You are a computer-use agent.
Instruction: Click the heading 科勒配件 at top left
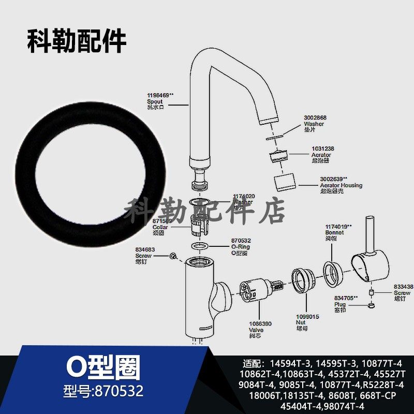click(77, 41)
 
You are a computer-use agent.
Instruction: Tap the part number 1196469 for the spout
click(159, 95)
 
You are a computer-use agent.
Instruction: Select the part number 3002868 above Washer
click(315, 117)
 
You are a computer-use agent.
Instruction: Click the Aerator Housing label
click(341, 185)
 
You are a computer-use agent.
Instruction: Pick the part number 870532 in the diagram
click(241, 241)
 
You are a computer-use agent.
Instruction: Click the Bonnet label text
click(334, 233)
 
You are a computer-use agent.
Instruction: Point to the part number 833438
click(403, 287)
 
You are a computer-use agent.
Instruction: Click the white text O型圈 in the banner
click(103, 369)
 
